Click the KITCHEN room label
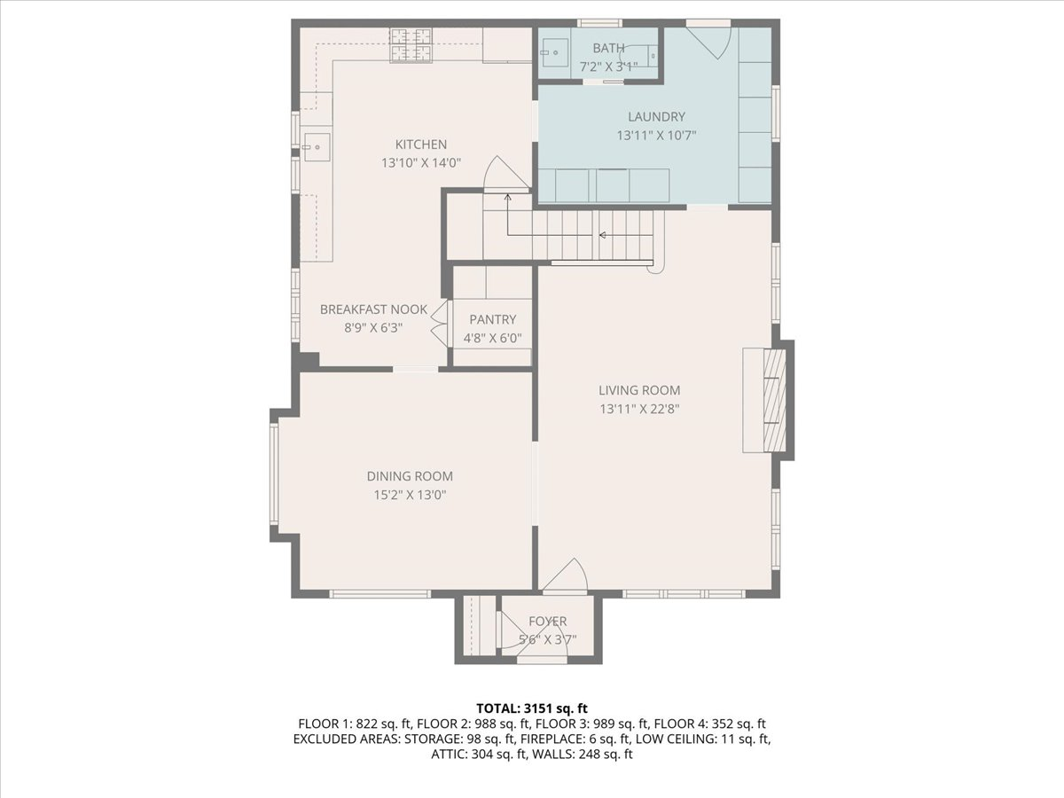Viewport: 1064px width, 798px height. click(421, 145)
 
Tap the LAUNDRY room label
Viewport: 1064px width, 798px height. click(656, 117)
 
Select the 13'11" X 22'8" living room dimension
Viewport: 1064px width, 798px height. click(639, 410)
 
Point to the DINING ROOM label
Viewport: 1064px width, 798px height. click(410, 476)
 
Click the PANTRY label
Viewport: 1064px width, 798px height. click(492, 319)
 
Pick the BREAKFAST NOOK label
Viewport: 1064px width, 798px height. click(374, 309)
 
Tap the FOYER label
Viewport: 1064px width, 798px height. click(548, 622)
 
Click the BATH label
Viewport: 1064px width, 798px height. click(608, 48)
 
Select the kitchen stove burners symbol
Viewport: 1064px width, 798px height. click(411, 45)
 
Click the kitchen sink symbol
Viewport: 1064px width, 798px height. click(317, 147)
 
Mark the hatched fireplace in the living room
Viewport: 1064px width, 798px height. click(774, 400)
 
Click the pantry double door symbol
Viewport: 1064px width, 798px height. click(440, 323)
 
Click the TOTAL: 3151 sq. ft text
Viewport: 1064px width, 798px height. click(532, 708)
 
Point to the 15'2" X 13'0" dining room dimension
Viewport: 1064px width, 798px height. click(410, 495)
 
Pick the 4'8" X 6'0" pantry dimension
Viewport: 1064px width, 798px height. click(492, 338)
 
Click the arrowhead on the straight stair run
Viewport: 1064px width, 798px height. click(603, 236)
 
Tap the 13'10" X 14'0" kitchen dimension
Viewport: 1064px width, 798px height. click(421, 163)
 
